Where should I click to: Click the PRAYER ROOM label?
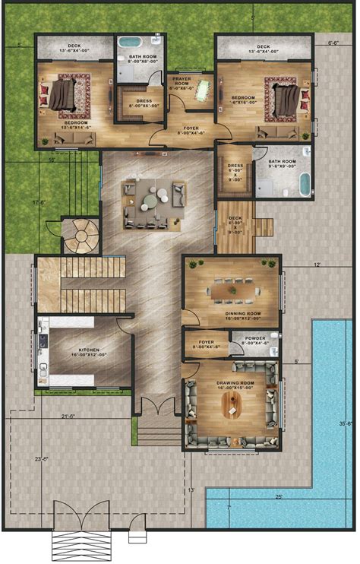[x=182, y=81]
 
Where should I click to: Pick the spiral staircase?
[x=79, y=236]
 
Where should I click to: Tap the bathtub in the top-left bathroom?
[x=131, y=43]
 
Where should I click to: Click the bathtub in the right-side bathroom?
[x=305, y=184]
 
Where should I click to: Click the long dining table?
[x=232, y=290]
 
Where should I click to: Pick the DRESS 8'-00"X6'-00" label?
[x=139, y=103]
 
